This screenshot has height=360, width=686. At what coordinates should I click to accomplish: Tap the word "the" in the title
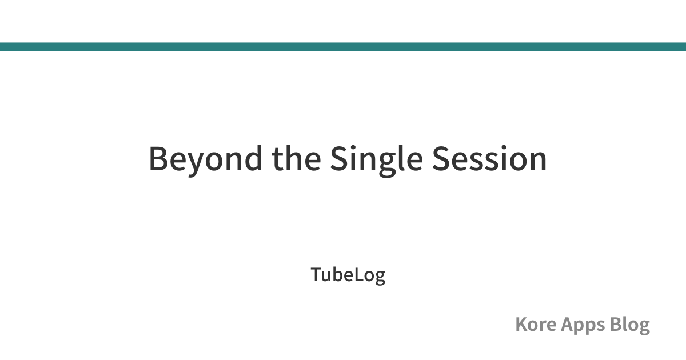[297, 158]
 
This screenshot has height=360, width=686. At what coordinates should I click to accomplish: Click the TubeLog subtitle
[348, 275]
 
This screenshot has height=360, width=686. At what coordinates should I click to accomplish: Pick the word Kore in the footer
[536, 324]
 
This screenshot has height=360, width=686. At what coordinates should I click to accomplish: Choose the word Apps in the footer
[583, 326]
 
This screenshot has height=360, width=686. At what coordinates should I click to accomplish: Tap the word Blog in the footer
[629, 325]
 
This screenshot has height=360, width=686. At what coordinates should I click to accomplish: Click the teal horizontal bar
[343, 46]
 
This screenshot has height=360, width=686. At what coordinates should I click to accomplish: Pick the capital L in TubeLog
[359, 275]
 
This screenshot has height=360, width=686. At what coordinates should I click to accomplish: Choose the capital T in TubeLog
[316, 275]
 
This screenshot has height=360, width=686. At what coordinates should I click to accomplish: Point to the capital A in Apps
[568, 324]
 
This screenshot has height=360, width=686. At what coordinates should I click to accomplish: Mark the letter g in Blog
[644, 328]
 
